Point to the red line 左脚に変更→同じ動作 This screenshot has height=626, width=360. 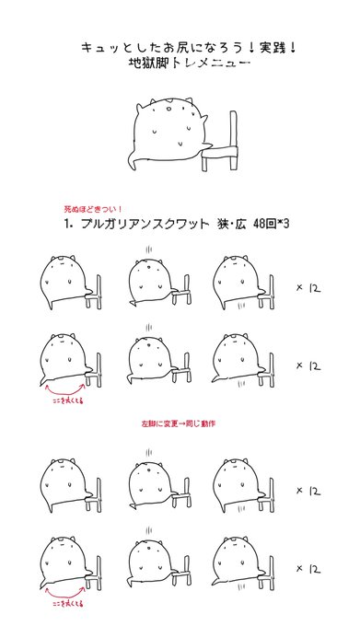(x=179, y=423)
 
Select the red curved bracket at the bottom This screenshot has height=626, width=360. (x=64, y=597)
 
